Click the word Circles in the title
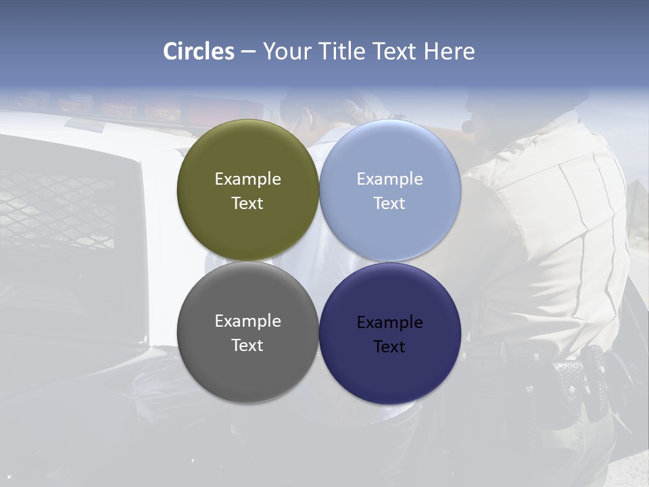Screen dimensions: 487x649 [199, 51]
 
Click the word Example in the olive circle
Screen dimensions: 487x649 [247, 179]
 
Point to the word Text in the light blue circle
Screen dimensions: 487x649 [389, 204]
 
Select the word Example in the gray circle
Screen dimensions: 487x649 [247, 321]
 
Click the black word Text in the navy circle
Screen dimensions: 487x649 [389, 347]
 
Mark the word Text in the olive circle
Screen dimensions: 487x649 [247, 204]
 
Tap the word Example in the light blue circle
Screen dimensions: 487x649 [389, 179]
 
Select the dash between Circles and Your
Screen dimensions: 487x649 [248, 52]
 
